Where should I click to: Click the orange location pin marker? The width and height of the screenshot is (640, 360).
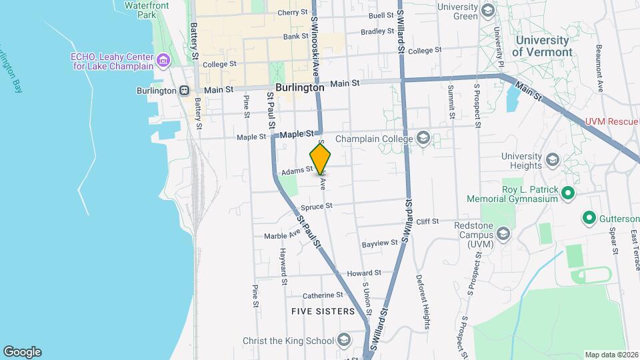coord(321,159)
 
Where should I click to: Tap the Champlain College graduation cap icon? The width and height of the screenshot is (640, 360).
coord(423,139)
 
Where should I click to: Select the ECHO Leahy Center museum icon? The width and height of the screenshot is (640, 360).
coord(163,63)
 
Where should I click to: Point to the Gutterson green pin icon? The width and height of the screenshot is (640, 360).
coord(589,218)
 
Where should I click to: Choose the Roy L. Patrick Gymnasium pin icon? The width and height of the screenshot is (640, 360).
coord(568,193)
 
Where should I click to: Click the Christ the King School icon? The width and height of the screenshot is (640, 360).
coord(344,341)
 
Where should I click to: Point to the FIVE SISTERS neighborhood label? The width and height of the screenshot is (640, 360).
coord(323,311)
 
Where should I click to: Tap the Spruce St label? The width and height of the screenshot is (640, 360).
coord(316,207)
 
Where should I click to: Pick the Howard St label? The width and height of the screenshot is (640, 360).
coord(364,273)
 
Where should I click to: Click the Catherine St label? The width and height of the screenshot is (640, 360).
coord(323,295)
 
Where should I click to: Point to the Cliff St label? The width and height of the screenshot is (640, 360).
coord(427,221)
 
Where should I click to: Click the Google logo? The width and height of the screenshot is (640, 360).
coord(22,352)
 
